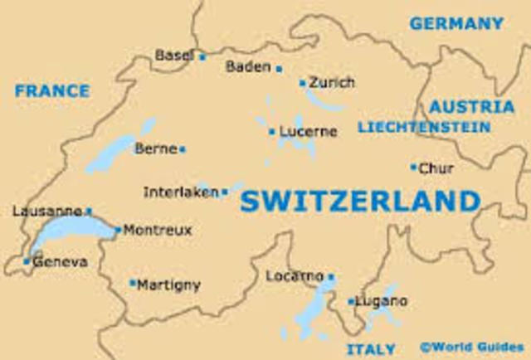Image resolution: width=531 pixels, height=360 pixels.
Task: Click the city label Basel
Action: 173,55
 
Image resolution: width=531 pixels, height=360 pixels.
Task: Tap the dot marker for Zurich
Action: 303,83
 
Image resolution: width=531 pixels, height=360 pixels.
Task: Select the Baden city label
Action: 247,67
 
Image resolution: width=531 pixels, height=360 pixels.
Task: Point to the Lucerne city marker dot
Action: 272,131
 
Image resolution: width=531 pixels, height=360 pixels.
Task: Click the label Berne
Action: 156,149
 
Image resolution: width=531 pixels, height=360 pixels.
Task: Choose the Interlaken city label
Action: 181,192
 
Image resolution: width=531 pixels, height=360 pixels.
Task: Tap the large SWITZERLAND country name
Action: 360,201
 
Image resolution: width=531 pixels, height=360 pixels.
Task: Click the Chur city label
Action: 436,168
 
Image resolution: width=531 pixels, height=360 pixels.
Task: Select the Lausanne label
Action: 46,212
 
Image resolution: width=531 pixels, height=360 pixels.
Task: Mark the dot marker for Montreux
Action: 118,230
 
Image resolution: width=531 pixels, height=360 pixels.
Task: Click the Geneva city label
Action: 60,262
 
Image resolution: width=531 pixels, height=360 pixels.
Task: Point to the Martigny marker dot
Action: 133,284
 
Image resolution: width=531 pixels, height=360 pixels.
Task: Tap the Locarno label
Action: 295,275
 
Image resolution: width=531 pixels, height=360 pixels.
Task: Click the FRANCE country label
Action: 51,91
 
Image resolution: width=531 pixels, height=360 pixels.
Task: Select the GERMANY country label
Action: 455,23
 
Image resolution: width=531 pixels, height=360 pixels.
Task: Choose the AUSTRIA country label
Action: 471,107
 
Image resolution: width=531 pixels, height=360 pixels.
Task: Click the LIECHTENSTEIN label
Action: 424,128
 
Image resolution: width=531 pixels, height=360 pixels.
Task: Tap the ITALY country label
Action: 371,348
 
